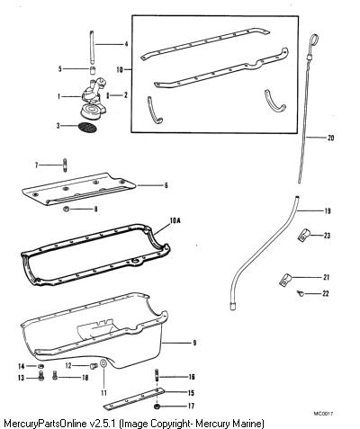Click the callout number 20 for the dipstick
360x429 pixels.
pyautogui.click(x=330, y=138)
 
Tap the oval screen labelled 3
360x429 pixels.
pyautogui.click(x=87, y=127)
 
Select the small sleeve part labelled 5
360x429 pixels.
pyautogui.click(x=94, y=71)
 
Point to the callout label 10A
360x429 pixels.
pyautogui.click(x=175, y=221)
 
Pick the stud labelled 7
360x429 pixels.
pyautogui.click(x=65, y=165)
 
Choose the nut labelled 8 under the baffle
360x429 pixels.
pyautogui.click(x=67, y=209)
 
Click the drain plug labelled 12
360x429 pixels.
pyautogui.click(x=94, y=366)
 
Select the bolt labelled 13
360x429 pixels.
pyautogui.click(x=41, y=376)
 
